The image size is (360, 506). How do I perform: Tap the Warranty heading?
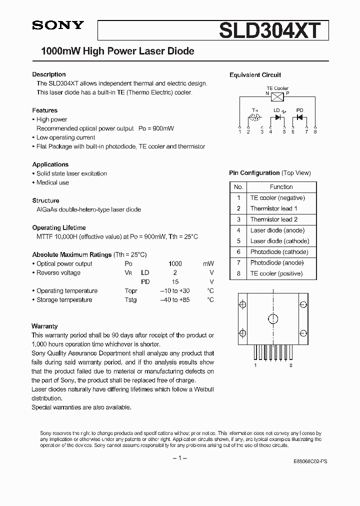44,326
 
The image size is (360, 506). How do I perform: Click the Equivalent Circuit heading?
255,75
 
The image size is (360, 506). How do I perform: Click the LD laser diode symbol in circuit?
277,118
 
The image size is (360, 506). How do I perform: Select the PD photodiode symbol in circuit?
299,118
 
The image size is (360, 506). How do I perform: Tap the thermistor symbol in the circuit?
254,118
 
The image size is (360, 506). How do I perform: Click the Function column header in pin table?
281,187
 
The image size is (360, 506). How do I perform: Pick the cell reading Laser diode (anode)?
277,230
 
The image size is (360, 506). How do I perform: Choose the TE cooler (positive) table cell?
276,273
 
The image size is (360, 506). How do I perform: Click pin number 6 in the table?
238,252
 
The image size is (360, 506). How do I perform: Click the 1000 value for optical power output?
175,263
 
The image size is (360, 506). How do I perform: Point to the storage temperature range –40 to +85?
175,300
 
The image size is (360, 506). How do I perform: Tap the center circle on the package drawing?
273,318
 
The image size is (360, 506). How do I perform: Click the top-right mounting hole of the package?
302,304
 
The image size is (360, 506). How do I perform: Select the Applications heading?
50,164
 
